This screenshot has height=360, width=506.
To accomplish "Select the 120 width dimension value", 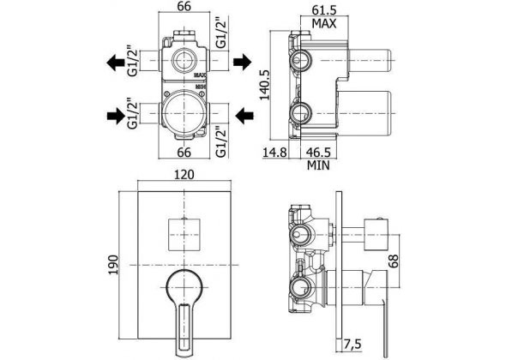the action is tap(184, 175).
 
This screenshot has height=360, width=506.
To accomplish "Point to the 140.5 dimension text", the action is tap(265, 86).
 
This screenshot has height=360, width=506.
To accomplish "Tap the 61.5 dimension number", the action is tap(324, 9).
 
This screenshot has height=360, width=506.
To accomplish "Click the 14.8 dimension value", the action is tap(274, 153).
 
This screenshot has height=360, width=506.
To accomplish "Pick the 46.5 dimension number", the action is tap(318, 153).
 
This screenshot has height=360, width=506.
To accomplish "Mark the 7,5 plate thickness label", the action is tap(352, 345).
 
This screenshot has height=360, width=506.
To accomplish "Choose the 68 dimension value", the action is tap(393, 261).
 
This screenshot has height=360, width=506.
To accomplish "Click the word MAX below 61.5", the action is tap(324, 23).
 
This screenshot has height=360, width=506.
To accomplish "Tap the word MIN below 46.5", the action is tap(318, 165).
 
